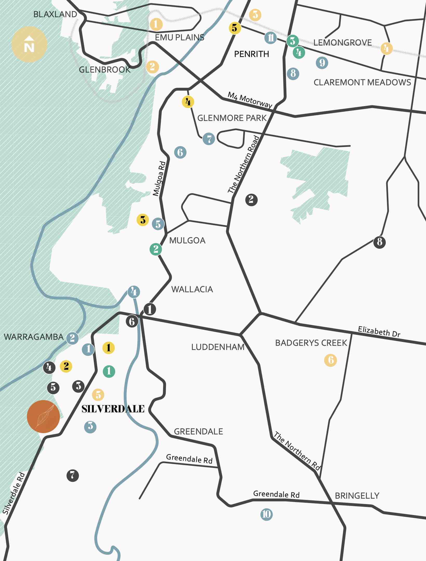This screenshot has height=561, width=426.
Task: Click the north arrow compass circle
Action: tap(29, 44)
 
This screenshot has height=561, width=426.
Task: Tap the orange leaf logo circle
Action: tap(43, 416)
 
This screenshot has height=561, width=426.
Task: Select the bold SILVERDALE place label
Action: tap(113, 409)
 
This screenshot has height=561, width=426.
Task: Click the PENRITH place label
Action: tap(251, 54)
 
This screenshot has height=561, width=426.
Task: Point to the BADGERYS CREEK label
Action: tap(311, 343)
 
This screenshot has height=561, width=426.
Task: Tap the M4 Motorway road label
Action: tap(250, 100)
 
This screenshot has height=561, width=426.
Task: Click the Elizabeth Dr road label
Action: tap(379, 331)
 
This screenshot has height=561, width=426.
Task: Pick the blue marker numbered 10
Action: tap(267, 514)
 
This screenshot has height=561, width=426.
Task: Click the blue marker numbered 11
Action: tap(270, 38)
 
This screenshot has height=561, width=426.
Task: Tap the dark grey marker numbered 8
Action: tap(379, 242)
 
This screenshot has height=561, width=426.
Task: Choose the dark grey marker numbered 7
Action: tap(72, 475)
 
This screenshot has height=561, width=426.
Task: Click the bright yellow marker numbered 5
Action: tap(235, 28)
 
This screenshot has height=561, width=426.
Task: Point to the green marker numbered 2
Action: tap(156, 249)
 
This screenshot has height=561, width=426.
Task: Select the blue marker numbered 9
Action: tap(322, 63)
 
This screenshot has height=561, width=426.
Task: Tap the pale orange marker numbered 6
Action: tap(330, 360)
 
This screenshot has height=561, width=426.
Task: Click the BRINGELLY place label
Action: tap(357, 496)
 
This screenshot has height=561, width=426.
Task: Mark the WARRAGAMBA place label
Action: tap(34, 337)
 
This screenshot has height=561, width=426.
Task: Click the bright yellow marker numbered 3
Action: tap(143, 220)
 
